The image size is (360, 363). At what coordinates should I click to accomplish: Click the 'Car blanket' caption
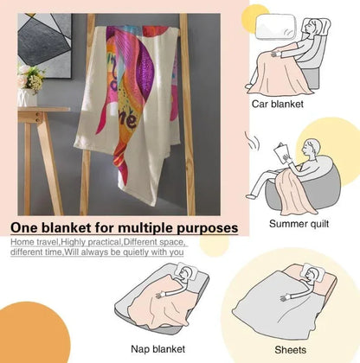click(277, 104)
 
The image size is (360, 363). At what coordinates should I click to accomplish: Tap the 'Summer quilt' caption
click(299, 224)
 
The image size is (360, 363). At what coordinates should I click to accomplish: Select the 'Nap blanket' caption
click(157, 349)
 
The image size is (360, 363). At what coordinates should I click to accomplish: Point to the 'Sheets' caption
click(290, 350)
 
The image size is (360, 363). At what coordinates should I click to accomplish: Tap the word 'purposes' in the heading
click(208, 228)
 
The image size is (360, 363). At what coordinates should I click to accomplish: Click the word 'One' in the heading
click(24, 228)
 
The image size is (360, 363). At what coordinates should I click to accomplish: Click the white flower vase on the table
click(27, 98)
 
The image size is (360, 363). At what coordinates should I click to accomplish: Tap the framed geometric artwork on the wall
click(45, 46)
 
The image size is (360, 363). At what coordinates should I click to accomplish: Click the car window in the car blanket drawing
click(276, 27)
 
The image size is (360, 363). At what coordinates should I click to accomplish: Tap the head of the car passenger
click(312, 27)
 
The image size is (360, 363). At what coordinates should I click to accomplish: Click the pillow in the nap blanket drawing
click(187, 271)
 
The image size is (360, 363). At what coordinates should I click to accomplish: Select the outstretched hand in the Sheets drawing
click(285, 297)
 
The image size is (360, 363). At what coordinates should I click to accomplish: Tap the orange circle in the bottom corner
click(33, 334)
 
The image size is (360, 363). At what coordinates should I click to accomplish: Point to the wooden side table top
click(44, 109)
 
